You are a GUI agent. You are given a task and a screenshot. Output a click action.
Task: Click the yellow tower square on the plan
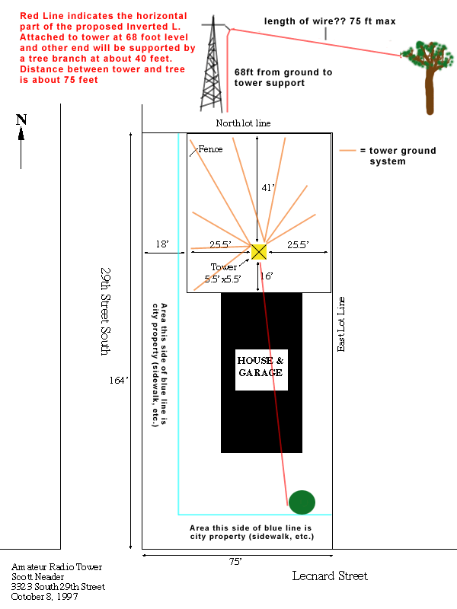pos(259,252)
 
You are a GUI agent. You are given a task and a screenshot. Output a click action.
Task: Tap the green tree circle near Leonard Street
pos(302,502)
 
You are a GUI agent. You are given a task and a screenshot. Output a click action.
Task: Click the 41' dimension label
pos(268,187)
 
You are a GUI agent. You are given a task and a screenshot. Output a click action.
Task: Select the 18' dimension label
pos(162,244)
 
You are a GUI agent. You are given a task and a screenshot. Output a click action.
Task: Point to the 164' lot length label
pos(119,380)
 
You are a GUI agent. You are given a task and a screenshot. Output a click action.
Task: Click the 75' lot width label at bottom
pos(235,562)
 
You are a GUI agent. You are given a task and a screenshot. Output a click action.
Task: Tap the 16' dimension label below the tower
pos(267,276)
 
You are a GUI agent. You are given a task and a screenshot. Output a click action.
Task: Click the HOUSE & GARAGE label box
pos(261,370)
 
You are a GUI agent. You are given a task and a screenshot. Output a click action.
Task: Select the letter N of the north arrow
pos(21,120)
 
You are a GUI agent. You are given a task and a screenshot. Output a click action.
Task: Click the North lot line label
pos(243,123)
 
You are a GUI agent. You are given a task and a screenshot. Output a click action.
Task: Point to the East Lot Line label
pos(340,324)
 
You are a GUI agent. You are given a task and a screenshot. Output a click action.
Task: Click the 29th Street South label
pos(106,311)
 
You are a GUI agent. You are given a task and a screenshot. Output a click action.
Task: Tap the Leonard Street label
pos(330,576)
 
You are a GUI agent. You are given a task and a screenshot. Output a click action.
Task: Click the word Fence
pos(211,149)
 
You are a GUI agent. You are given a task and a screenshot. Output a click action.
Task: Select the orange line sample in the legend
pos(347,150)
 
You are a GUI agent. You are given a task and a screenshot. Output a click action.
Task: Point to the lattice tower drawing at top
pos(213,64)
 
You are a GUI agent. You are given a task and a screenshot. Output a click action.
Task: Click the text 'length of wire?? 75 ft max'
pos(330,21)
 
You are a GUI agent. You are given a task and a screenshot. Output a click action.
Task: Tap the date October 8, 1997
pos(44,597)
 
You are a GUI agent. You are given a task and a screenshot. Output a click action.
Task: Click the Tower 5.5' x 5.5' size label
pos(223,273)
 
